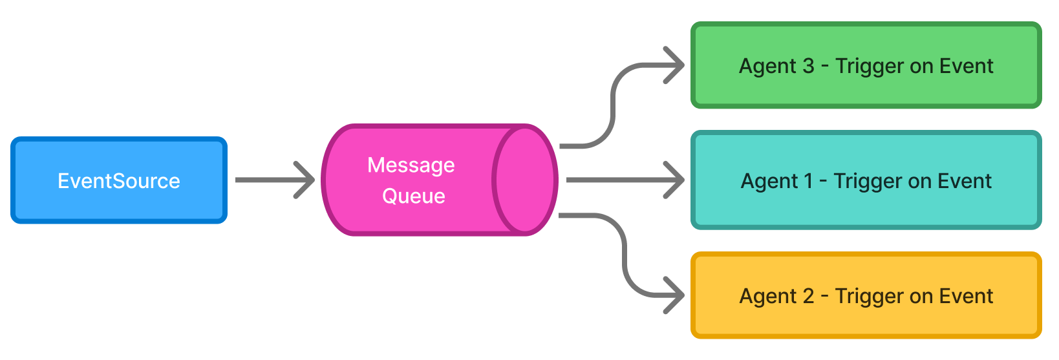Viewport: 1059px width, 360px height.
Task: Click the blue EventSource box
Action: pyautogui.click(x=119, y=180)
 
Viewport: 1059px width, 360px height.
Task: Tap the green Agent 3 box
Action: pyautogui.click(x=866, y=65)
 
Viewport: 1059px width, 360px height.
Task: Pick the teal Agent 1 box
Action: pyautogui.click(x=866, y=180)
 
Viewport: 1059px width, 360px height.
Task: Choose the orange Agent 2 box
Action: pyautogui.click(x=866, y=295)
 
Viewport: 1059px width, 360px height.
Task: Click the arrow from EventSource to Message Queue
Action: pyautogui.click(x=272, y=180)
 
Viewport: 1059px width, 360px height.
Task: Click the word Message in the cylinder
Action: pyautogui.click(x=411, y=165)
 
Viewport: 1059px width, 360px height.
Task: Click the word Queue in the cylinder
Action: pyautogui.click(x=414, y=196)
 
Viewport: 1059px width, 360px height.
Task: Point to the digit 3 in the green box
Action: pyautogui.click(x=808, y=66)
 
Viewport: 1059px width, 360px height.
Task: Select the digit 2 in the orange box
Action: pyautogui.click(x=808, y=296)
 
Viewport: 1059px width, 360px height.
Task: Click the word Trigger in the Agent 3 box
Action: pyautogui.click(x=869, y=67)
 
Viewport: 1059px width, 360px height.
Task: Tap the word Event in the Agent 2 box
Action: pyautogui.click(x=966, y=296)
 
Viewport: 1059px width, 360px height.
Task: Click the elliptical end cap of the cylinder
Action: pyautogui.click(x=524, y=180)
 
